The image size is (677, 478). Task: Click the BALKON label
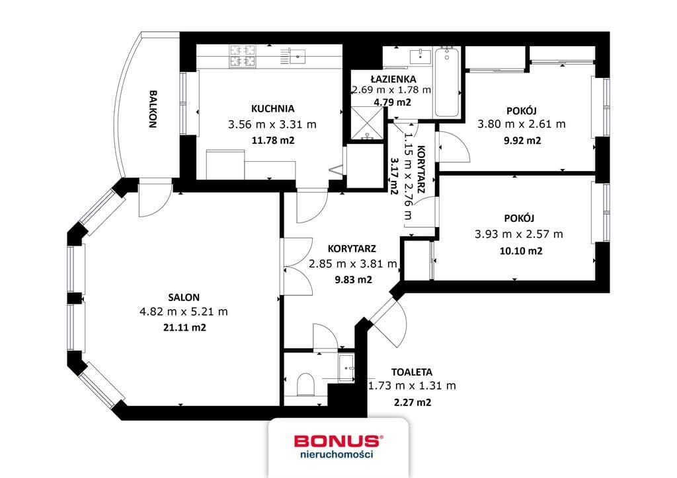point(153,109)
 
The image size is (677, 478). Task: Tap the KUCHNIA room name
point(272,109)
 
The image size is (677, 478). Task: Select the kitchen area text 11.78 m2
point(272,140)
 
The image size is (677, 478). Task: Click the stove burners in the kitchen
point(242,57)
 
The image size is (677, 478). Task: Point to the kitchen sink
point(298,56)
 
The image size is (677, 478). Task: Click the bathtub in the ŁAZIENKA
point(446,82)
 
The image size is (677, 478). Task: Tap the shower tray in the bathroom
point(367,123)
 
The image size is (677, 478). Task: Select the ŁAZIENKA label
point(393,79)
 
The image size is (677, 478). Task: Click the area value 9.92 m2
point(522,141)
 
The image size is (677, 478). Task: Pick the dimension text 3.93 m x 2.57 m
point(518,234)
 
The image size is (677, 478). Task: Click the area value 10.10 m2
point(521,251)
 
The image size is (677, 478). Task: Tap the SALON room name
point(184,297)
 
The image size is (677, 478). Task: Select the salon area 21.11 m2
point(184,327)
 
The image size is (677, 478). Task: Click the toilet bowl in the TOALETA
point(305,384)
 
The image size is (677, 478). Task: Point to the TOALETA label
point(411,372)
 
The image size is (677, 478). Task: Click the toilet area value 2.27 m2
point(413,403)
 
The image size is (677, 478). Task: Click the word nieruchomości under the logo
point(337,454)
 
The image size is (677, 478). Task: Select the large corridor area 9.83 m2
point(353,280)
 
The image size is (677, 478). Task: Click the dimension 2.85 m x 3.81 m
point(353,264)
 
